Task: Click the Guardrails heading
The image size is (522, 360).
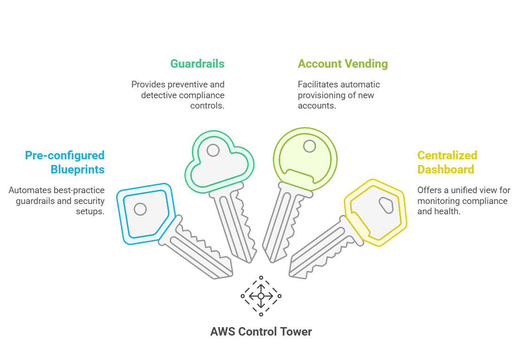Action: coord(197,64)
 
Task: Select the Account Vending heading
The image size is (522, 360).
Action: coord(343,64)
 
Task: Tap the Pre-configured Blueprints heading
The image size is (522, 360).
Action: coord(64,162)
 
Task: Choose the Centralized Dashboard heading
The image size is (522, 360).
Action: coord(447,162)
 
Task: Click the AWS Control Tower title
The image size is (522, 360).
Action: coord(261,332)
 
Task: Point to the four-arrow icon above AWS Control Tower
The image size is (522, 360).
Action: coord(261,296)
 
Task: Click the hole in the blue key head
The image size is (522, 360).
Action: coord(140,209)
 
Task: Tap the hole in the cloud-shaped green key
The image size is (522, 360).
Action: coord(213,150)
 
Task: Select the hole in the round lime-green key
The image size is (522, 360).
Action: coord(309,146)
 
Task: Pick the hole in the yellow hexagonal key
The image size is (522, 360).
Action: coord(386,205)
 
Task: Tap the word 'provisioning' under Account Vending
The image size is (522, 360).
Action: coord(320,95)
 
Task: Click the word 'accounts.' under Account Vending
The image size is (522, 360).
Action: coord(317,105)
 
